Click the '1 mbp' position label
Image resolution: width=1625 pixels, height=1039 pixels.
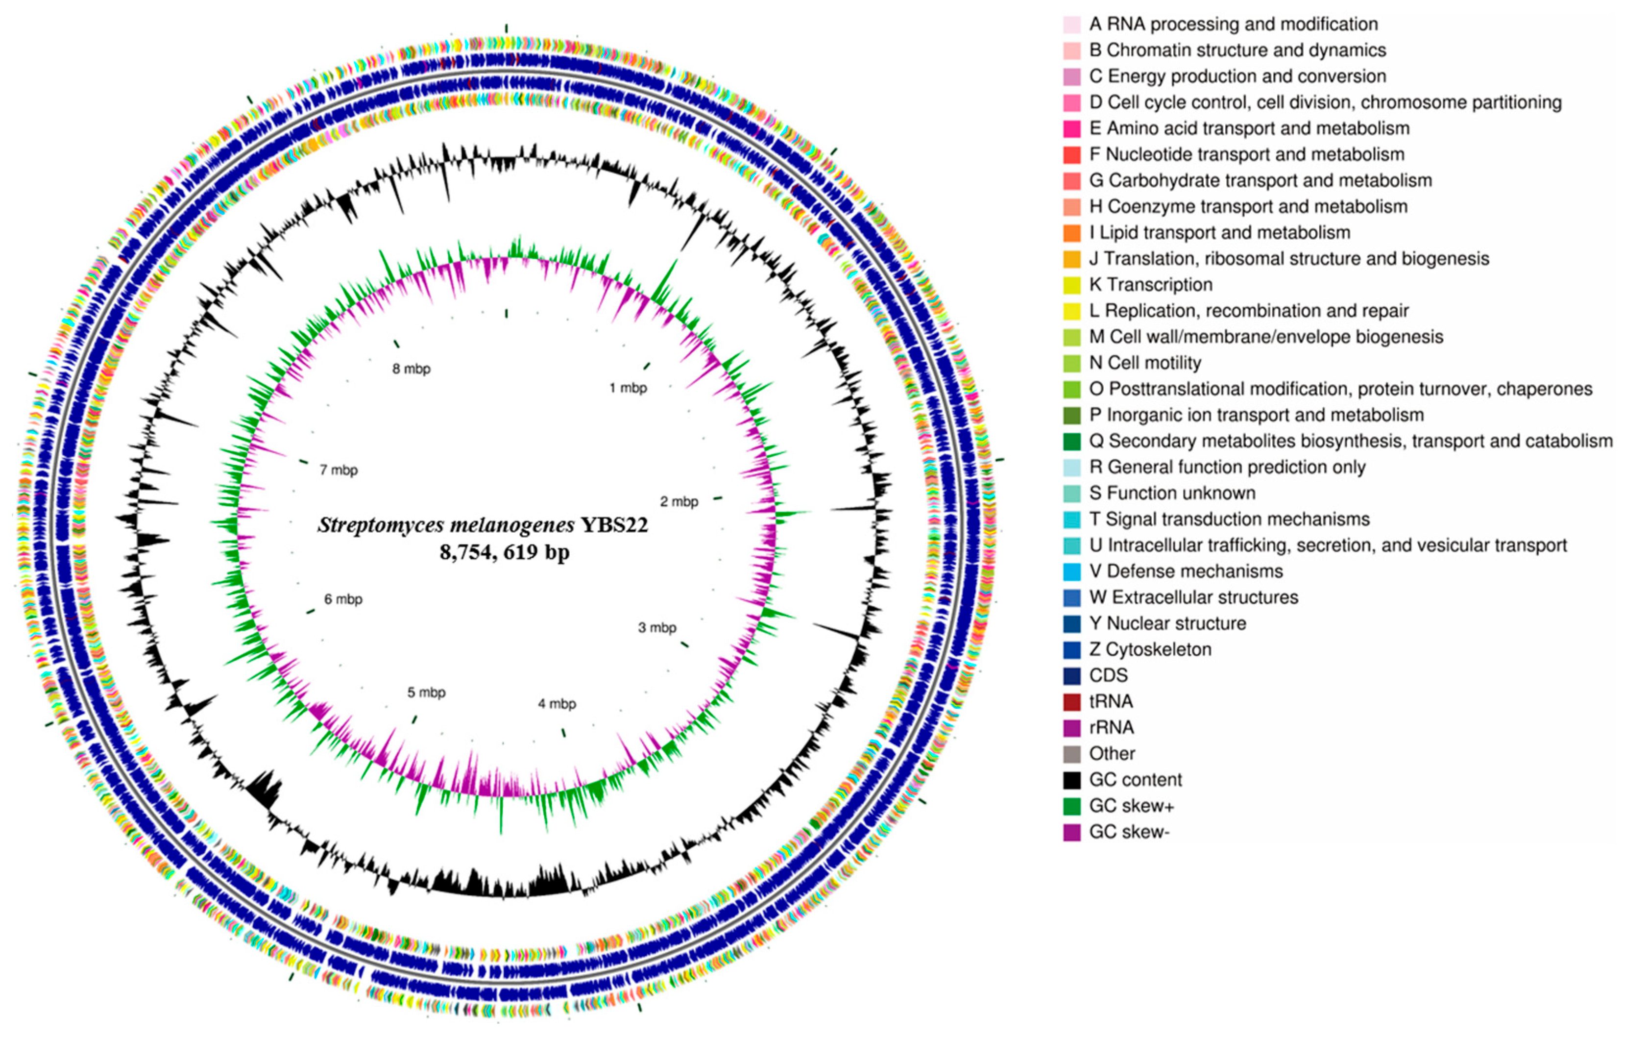pyautogui.click(x=628, y=388)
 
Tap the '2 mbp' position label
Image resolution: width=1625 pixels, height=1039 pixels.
pyautogui.click(x=679, y=501)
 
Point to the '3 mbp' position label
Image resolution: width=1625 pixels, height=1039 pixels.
pyautogui.click(x=656, y=628)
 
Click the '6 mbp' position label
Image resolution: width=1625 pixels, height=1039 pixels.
pyautogui.click(x=343, y=599)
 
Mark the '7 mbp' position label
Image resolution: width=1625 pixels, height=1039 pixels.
pyautogui.click(x=339, y=470)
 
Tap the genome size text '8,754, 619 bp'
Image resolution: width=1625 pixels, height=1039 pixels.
pyautogui.click(x=504, y=552)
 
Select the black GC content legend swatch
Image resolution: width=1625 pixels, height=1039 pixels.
pyautogui.click(x=1071, y=780)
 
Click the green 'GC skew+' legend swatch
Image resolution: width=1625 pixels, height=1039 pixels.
pyautogui.click(x=1071, y=806)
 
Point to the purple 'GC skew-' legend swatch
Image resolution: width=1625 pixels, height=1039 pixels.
pyautogui.click(x=1071, y=832)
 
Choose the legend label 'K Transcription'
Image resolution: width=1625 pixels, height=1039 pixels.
pyautogui.click(x=1151, y=285)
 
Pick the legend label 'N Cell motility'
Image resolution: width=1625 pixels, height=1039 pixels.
pyautogui.click(x=1145, y=363)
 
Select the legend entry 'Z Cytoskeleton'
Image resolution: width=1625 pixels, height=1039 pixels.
pyautogui.click(x=1150, y=649)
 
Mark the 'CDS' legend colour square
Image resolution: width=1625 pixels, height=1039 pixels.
pyautogui.click(x=1071, y=676)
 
